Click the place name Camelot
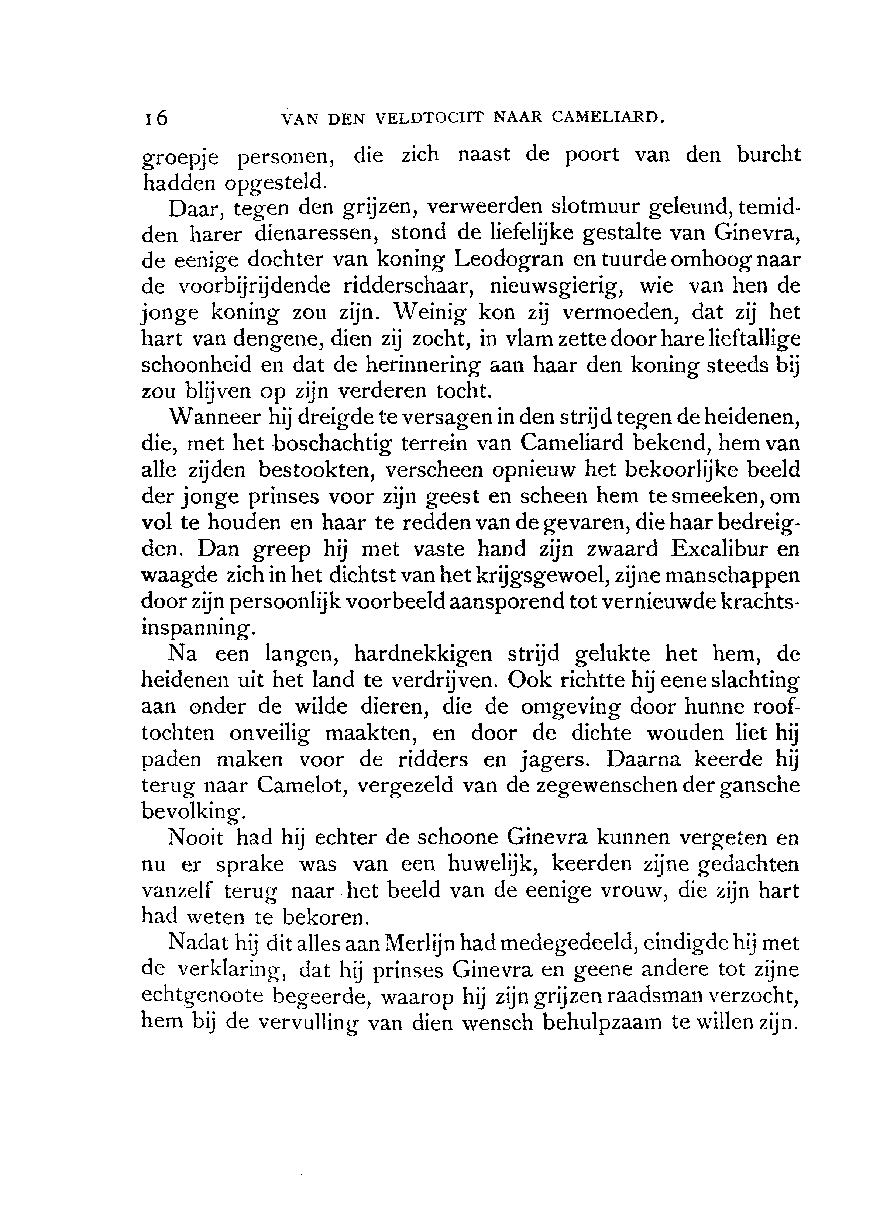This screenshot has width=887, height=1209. tap(300, 785)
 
